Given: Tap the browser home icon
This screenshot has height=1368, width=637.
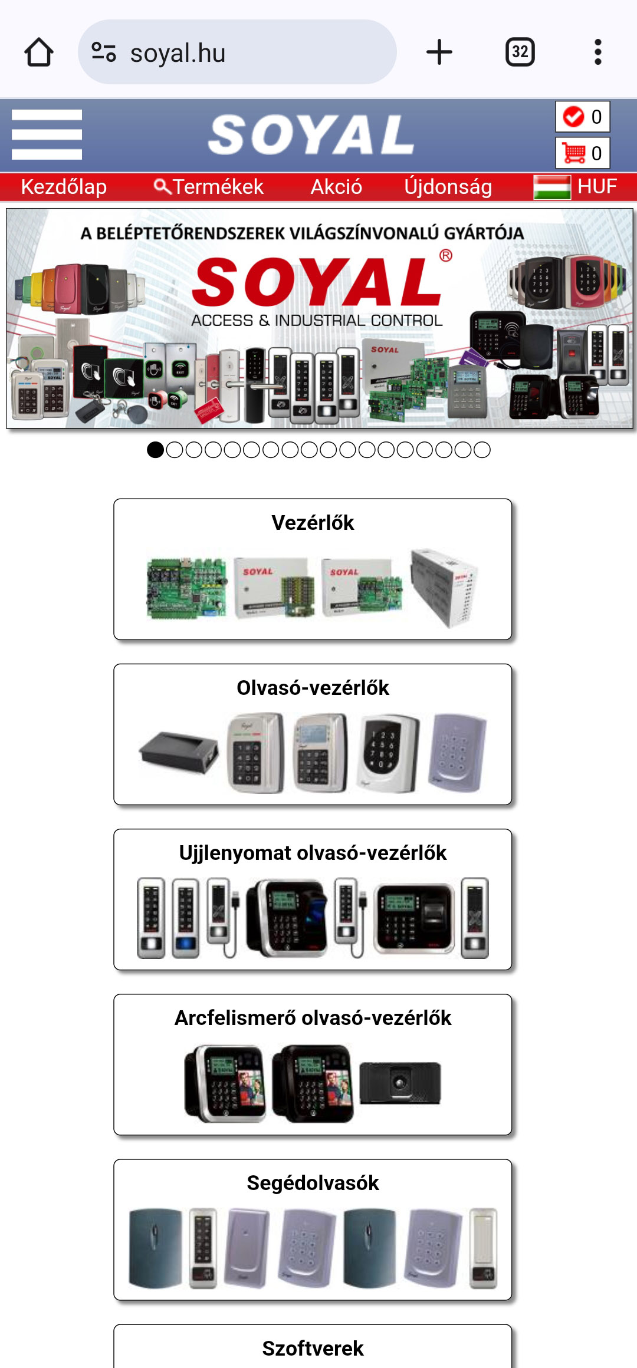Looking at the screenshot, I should [x=39, y=52].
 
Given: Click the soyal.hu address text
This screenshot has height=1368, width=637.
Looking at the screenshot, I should [x=178, y=53].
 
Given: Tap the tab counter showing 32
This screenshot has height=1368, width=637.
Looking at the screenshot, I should [x=520, y=52].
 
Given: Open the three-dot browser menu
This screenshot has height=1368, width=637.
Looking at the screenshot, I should [x=597, y=52].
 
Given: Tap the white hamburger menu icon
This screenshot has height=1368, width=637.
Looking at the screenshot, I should [x=47, y=134].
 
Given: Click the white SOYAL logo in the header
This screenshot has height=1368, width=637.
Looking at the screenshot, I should [x=311, y=135].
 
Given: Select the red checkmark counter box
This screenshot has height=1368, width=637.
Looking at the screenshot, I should [x=582, y=117].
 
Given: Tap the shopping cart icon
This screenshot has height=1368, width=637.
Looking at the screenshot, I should [x=574, y=153].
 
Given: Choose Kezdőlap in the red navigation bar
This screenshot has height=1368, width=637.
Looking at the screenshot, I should [x=64, y=187].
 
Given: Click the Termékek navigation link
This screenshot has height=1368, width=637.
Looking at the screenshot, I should [x=209, y=187].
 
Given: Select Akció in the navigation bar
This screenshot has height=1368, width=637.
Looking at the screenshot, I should [x=336, y=187].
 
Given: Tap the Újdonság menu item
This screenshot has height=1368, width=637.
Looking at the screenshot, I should [x=448, y=187].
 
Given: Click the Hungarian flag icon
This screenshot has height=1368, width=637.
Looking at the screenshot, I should [x=551, y=187].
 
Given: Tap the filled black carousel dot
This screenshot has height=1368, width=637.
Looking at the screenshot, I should [x=155, y=450].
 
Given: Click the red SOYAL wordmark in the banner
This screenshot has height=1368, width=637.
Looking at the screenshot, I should [x=317, y=282].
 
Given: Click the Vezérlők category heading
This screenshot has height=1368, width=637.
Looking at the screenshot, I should [x=313, y=523].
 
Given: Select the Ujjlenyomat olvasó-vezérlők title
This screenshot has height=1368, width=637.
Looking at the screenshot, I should [x=313, y=853].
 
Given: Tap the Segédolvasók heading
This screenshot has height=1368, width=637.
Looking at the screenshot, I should [x=313, y=1183].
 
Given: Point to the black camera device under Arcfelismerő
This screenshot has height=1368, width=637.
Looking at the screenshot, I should [x=400, y=1083].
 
